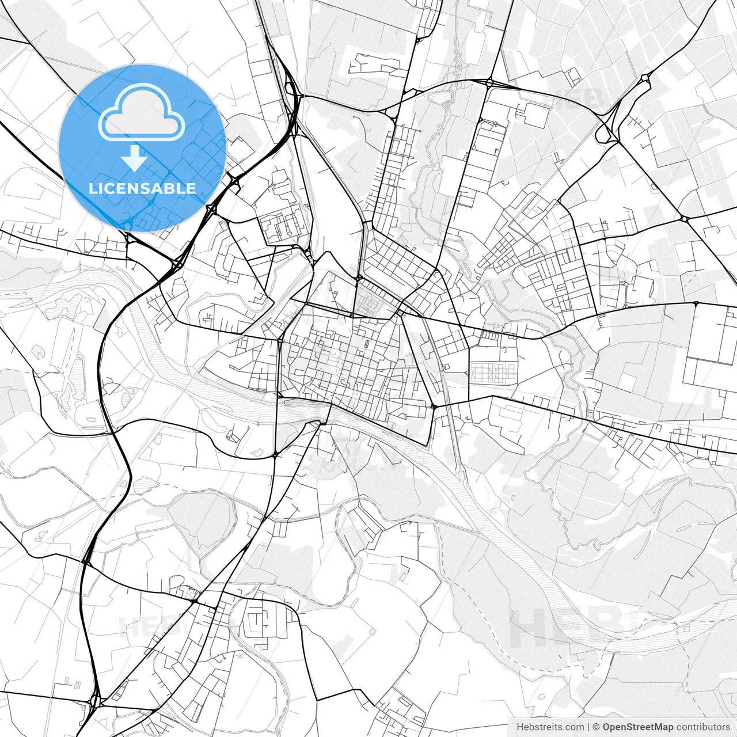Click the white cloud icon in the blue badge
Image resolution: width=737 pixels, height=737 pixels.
(142, 112)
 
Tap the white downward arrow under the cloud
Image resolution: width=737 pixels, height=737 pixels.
(135, 158)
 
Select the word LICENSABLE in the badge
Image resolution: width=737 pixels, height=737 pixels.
(142, 188)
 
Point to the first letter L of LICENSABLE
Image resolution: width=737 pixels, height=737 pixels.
(93, 188)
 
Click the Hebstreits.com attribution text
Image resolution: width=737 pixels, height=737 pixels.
(550, 727)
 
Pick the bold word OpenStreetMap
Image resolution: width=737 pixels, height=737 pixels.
(638, 727)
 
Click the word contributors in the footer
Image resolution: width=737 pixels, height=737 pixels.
(703, 727)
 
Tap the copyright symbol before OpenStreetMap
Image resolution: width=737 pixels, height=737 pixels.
(597, 727)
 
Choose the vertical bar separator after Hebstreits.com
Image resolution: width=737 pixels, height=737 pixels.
(588, 727)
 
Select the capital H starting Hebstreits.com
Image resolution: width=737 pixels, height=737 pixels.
(520, 727)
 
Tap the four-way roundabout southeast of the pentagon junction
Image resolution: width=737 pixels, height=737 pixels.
(684, 219)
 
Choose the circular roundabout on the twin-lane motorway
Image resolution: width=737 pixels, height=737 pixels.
(235, 182)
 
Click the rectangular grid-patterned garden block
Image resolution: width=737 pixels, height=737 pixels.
(493, 373)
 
